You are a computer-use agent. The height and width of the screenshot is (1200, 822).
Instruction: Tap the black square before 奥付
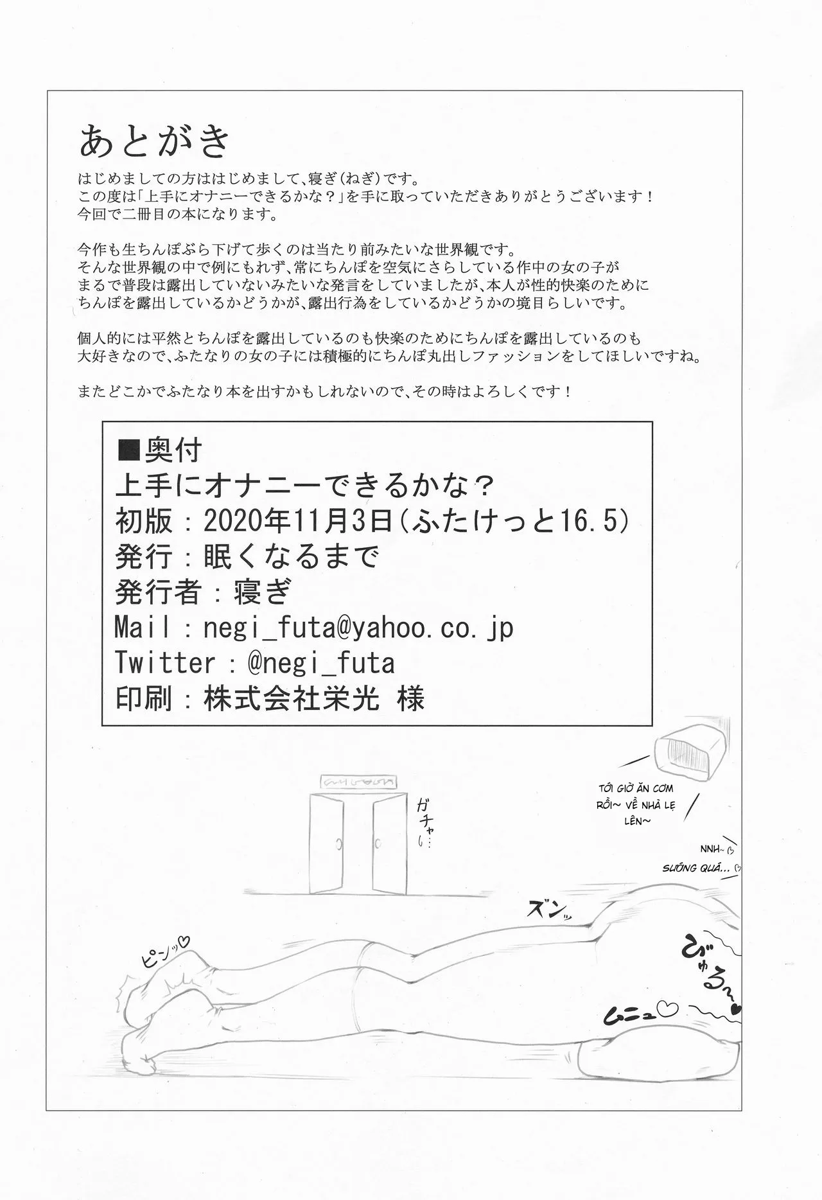[130, 450]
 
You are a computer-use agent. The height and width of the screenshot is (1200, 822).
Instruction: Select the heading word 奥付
[175, 450]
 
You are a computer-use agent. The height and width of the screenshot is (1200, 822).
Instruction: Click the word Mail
[143, 628]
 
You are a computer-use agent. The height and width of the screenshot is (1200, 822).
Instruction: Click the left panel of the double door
[326, 841]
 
